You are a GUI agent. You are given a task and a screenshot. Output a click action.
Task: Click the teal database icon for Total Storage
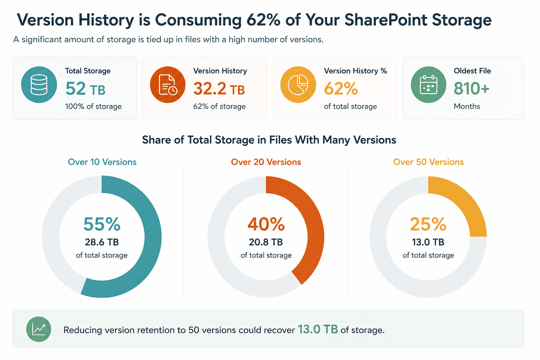click(39, 85)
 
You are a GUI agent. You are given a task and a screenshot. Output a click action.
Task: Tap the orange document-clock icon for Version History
click(168, 85)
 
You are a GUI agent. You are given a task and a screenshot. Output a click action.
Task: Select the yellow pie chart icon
click(298, 85)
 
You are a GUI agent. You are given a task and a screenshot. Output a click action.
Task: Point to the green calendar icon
click(429, 85)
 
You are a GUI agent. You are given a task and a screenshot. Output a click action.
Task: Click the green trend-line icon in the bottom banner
click(39, 329)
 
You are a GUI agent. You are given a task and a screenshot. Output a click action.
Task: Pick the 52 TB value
click(85, 89)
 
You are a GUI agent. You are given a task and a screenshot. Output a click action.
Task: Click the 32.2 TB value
click(219, 89)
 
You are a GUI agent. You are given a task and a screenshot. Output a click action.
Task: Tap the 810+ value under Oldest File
click(471, 89)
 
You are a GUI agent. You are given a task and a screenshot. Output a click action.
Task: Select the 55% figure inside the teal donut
click(102, 224)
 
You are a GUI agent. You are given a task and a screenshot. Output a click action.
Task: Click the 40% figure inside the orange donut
click(266, 224)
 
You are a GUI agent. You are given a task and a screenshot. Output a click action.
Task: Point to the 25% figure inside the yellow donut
click(428, 224)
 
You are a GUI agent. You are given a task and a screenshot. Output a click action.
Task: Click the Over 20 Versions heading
click(266, 162)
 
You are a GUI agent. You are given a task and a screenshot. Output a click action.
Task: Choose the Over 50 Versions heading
click(429, 162)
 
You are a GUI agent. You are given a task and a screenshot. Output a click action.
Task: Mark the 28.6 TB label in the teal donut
click(102, 242)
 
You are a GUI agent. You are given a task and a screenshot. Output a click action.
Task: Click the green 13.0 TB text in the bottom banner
click(318, 329)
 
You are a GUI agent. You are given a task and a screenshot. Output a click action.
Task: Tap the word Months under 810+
click(467, 106)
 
